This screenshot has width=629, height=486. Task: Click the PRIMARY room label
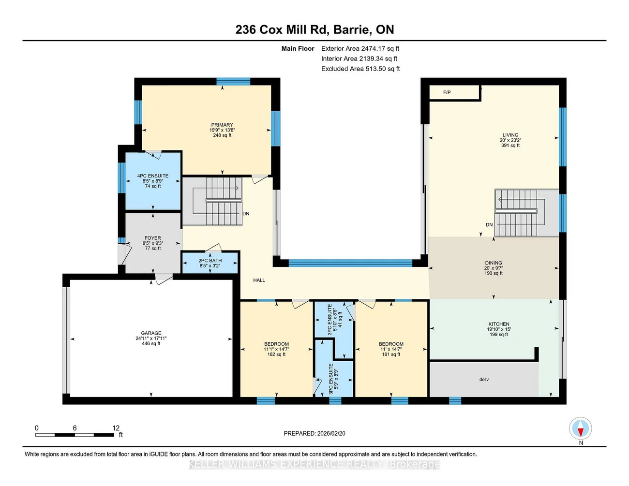222,125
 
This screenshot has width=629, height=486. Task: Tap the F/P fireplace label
447,92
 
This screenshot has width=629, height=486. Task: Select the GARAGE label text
151,333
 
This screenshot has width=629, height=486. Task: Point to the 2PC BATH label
210,261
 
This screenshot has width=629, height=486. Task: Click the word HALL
259,280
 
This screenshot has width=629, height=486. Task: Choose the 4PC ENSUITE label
152,176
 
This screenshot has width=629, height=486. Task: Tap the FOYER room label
152,238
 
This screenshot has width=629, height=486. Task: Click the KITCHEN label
498,324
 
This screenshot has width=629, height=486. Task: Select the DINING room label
494,263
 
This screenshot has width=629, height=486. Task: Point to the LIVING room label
510,135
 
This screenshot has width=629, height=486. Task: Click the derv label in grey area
484,380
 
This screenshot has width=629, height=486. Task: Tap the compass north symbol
580,429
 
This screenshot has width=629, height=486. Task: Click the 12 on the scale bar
116,428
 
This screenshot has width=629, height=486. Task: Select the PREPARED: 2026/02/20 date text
314,434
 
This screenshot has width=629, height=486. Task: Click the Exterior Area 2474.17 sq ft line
360,48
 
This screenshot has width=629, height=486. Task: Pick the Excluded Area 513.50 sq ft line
360,69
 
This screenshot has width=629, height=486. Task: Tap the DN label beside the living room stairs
489,225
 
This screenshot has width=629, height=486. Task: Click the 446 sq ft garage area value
151,344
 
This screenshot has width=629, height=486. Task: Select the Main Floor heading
298,48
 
